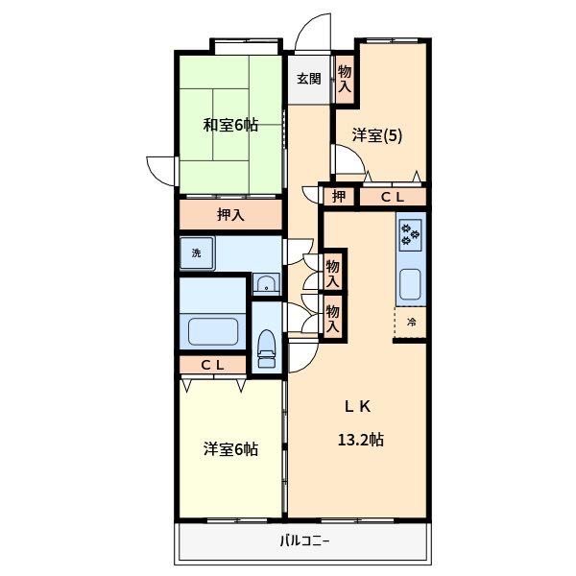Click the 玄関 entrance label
(x=309, y=79)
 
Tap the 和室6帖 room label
(x=230, y=125)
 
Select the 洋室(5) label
(x=377, y=135)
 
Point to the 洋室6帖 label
(x=230, y=449)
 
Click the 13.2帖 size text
(x=360, y=440)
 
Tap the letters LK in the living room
(x=357, y=406)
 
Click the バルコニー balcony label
(x=304, y=540)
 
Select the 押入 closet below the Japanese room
(x=230, y=214)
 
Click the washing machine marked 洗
(x=197, y=253)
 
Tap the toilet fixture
(x=266, y=348)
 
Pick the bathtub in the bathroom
(x=213, y=331)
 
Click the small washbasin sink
(x=266, y=283)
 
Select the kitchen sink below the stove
(x=410, y=284)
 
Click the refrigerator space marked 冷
(x=411, y=323)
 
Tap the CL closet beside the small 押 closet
(x=393, y=197)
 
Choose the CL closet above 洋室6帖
(x=213, y=365)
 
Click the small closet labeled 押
(x=339, y=197)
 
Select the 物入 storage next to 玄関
(x=345, y=79)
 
